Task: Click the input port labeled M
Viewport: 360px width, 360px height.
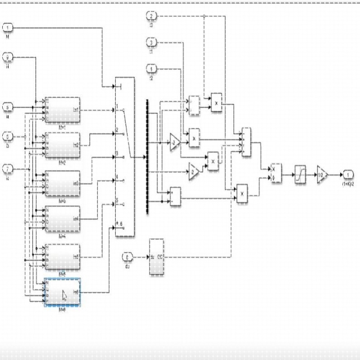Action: coord(9,28)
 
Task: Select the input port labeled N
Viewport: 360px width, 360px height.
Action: coord(9,57)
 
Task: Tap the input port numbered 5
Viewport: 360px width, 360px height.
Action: coord(9,107)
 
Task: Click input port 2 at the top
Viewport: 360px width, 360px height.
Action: coord(152,16)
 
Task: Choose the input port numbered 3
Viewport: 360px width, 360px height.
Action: coord(152,43)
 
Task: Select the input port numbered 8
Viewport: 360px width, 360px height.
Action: coord(128,257)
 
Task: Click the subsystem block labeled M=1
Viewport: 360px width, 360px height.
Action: coord(62,110)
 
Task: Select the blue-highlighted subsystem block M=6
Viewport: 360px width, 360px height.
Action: coord(62,293)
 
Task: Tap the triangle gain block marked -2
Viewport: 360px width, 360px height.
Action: coord(175,142)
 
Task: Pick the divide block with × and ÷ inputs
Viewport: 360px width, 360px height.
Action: coord(275,174)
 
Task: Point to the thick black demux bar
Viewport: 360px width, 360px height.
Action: coord(147,156)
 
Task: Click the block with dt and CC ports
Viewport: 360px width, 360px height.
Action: coord(156,257)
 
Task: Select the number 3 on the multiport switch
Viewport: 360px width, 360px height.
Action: coord(117,154)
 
